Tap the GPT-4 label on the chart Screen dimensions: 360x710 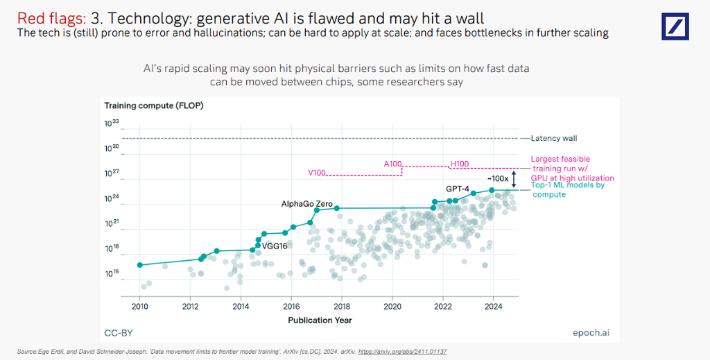(458, 189)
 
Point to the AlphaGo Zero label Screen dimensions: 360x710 (307, 204)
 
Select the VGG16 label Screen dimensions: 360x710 (275, 246)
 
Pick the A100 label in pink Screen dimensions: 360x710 (393, 164)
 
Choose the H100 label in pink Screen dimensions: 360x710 (460, 164)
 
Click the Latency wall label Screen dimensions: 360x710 (553, 139)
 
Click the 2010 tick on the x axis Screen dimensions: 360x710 (140, 306)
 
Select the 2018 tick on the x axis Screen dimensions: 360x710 (342, 306)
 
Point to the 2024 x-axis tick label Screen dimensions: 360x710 (493, 306)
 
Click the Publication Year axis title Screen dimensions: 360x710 (320, 320)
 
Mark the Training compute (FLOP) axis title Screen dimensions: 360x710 (154, 105)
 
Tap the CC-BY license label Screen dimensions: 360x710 (119, 333)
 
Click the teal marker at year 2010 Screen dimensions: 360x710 (140, 265)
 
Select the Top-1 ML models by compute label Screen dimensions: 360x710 (568, 189)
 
